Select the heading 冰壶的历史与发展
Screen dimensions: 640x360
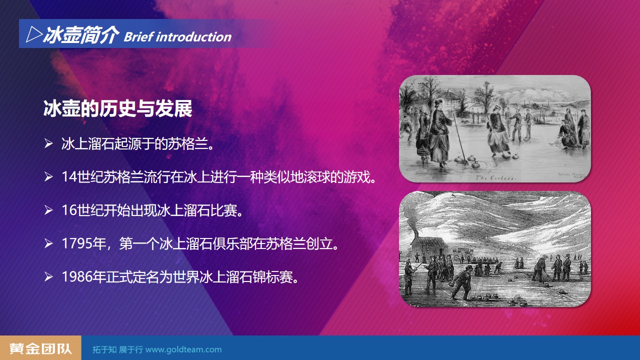pos(117,109)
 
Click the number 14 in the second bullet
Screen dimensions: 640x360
pos(69,177)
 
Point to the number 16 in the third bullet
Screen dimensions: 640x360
pos(69,210)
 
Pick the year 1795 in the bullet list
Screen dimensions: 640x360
pos(76,243)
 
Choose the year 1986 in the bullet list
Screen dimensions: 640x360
pos(76,277)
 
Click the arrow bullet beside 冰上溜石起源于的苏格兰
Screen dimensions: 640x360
pos(48,143)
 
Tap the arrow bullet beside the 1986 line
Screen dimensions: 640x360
pos(48,277)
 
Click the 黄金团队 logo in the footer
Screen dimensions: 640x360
pos(40,348)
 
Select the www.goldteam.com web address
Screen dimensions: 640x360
pos(183,349)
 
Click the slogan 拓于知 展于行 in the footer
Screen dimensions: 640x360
pos(117,349)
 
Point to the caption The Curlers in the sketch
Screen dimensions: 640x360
pos(495,177)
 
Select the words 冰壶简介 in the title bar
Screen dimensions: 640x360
pos(81,35)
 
